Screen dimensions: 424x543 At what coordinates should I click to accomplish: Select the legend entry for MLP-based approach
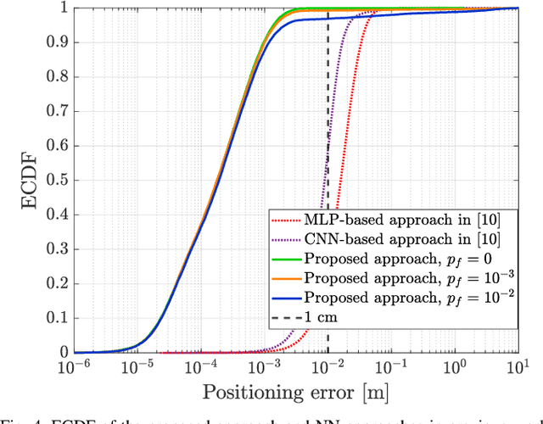point(389,220)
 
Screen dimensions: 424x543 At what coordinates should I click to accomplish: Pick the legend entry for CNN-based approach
point(389,239)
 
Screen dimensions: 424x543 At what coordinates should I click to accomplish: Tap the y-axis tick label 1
point(62,8)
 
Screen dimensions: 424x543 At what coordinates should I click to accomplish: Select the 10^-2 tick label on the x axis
point(327,368)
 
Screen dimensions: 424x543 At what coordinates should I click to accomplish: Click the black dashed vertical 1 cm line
point(328,127)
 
